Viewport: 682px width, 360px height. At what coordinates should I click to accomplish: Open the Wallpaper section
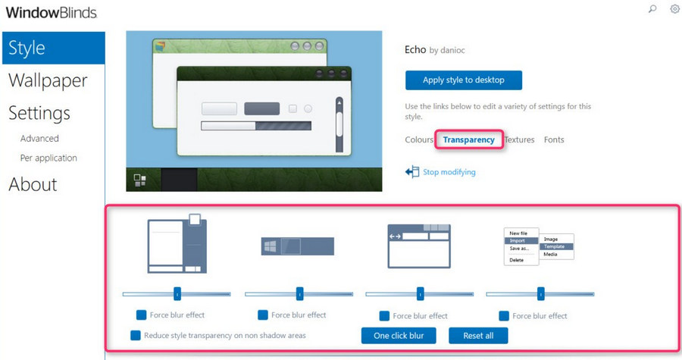[48, 81]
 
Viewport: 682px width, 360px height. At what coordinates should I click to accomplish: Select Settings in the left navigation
[39, 113]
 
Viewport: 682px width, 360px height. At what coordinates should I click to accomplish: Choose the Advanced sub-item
[39, 138]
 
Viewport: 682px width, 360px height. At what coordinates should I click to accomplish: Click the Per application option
[48, 158]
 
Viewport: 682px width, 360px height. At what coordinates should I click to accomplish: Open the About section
[33, 184]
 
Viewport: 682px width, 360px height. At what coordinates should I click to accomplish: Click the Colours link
[419, 139]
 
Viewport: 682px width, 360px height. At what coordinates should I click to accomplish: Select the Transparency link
[469, 139]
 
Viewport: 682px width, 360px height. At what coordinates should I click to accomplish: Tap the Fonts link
[554, 139]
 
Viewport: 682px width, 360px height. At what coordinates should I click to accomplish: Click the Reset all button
[478, 336]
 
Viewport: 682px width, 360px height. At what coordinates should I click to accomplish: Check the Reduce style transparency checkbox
[136, 335]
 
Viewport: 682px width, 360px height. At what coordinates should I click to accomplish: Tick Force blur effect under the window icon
[384, 315]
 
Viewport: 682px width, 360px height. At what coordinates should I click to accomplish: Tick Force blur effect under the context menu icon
[504, 315]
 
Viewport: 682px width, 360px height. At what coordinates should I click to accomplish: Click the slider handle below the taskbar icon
[299, 294]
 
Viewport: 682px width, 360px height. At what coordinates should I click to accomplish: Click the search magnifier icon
[652, 8]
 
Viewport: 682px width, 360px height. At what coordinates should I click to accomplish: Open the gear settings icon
[674, 8]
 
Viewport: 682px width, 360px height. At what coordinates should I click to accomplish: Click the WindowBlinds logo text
[52, 13]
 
